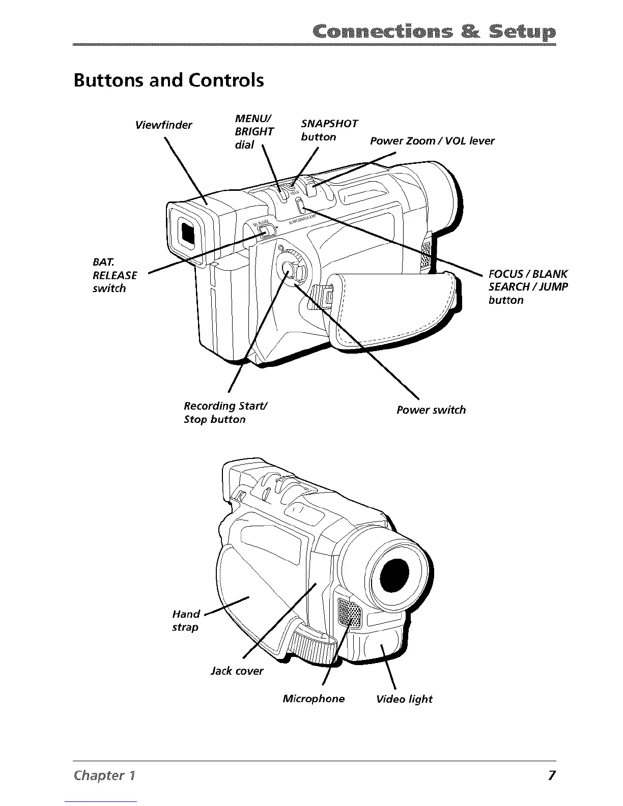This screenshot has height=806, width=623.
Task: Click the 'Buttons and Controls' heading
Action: [168, 80]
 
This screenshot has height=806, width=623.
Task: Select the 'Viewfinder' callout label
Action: [163, 125]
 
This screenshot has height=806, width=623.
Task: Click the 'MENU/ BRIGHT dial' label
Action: [253, 131]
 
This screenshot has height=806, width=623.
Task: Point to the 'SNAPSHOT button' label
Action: [329, 130]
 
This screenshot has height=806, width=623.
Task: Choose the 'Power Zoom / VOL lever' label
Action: [432, 141]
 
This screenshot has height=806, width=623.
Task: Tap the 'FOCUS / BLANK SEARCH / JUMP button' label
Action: [527, 286]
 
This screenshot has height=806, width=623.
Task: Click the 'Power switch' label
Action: [431, 410]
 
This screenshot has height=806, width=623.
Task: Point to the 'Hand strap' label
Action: [186, 620]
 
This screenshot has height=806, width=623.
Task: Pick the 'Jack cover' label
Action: [237, 671]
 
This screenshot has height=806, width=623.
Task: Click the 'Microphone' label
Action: [314, 699]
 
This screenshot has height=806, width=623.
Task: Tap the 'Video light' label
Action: [404, 699]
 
